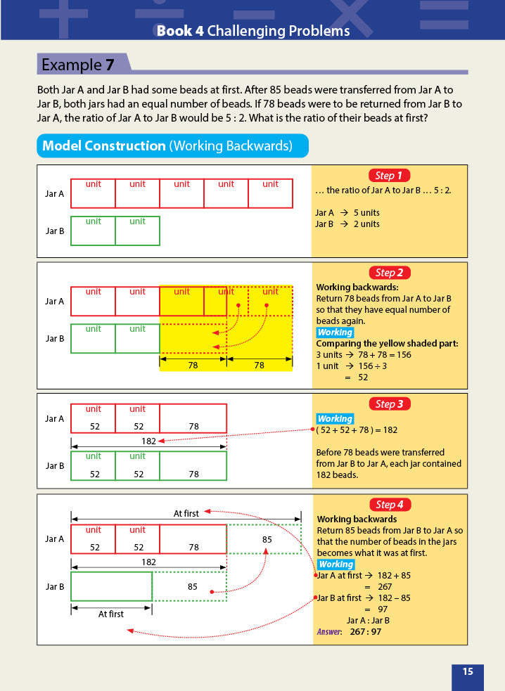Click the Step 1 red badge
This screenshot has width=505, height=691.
pos(389,176)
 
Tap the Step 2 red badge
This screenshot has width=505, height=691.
pos(389,273)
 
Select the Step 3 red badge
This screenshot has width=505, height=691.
pos(389,403)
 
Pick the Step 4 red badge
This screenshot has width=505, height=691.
pos(389,504)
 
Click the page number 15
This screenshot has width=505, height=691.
pos(468,671)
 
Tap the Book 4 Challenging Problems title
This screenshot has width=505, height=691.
pos(252,31)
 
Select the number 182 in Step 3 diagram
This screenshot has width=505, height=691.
pos(148,441)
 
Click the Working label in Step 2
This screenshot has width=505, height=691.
pos(335,332)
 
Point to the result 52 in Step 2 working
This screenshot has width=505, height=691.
pos(362,377)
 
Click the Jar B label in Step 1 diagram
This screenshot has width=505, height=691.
pos(55,231)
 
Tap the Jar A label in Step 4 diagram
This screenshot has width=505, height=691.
pos(55,539)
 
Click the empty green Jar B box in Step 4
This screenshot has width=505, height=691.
pos(111,586)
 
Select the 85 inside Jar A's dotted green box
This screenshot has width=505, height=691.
pos(267,540)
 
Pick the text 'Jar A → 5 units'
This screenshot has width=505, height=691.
pos(347,212)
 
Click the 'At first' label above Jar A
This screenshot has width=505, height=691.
pos(186,514)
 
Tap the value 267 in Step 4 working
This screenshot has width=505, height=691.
pos(385,586)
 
